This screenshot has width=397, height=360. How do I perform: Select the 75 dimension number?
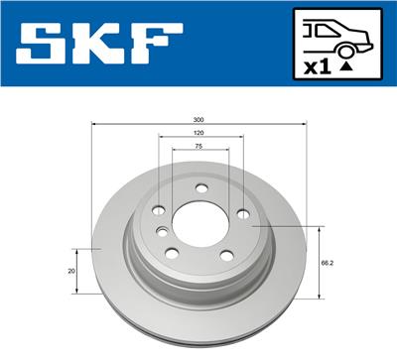point(199,146)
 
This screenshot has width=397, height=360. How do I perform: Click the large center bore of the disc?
point(198,219)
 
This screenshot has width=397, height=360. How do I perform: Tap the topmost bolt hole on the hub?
point(202,188)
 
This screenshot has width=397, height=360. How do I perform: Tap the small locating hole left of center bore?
point(163,231)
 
